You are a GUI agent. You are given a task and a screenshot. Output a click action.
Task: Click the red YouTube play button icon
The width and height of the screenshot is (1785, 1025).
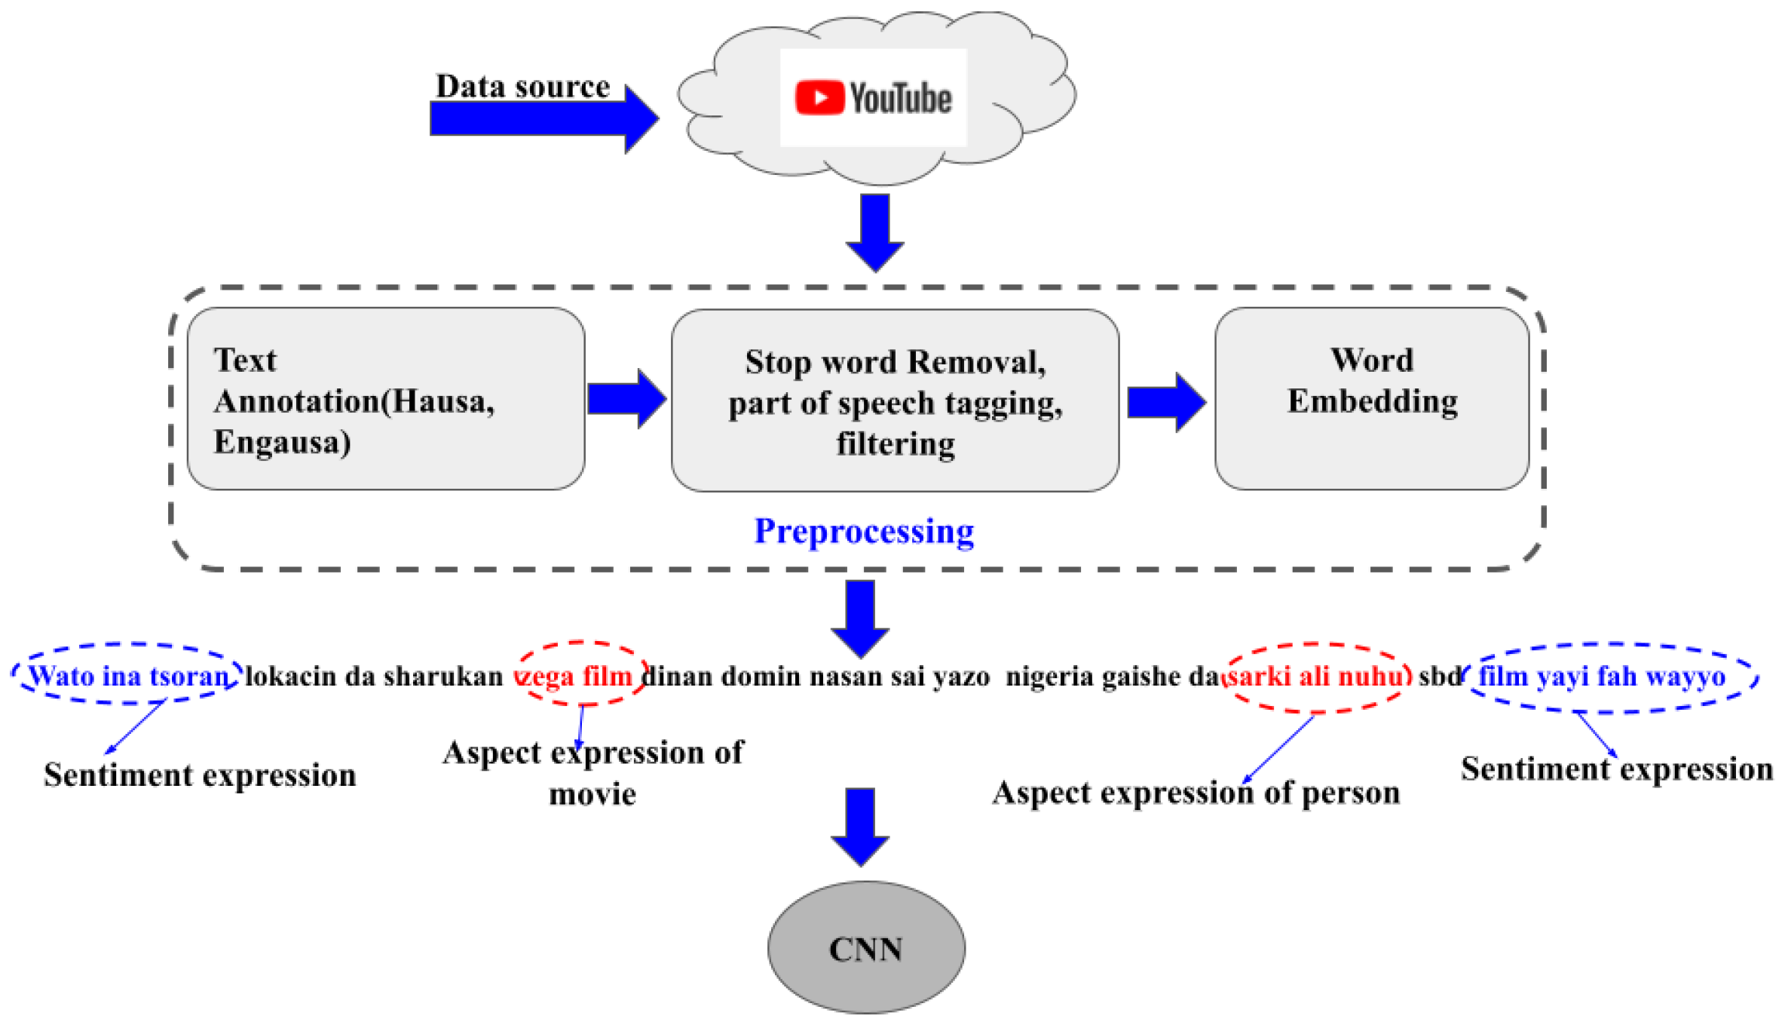click(819, 98)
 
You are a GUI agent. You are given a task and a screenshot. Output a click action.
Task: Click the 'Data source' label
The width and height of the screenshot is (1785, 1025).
click(522, 86)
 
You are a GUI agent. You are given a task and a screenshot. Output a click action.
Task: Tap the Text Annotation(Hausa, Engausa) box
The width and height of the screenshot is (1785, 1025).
click(385, 399)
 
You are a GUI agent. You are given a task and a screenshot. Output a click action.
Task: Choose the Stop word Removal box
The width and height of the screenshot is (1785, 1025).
click(895, 400)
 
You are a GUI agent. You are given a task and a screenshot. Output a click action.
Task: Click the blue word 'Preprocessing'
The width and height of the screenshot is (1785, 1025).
click(864, 531)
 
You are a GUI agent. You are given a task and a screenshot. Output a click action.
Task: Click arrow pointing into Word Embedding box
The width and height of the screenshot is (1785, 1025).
click(1165, 402)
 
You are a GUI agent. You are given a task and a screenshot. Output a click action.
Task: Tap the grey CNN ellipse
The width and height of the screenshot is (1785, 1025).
click(865, 948)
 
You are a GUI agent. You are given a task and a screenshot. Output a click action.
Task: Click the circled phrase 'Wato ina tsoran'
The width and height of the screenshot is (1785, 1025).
click(128, 676)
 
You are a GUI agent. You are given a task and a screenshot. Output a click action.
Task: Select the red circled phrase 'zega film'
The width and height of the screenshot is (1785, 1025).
click(581, 676)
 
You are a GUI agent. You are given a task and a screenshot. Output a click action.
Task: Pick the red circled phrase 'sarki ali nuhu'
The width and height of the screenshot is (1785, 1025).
click(1315, 676)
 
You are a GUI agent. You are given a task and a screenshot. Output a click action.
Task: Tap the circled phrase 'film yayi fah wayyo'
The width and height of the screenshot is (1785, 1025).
click(1601, 676)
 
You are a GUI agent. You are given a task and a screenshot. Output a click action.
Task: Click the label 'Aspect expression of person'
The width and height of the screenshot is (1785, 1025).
click(1196, 793)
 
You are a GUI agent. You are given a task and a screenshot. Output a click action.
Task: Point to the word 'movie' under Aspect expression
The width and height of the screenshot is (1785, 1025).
click(592, 794)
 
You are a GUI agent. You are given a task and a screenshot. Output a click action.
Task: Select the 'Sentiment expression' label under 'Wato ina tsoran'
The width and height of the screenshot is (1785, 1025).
click(200, 775)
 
